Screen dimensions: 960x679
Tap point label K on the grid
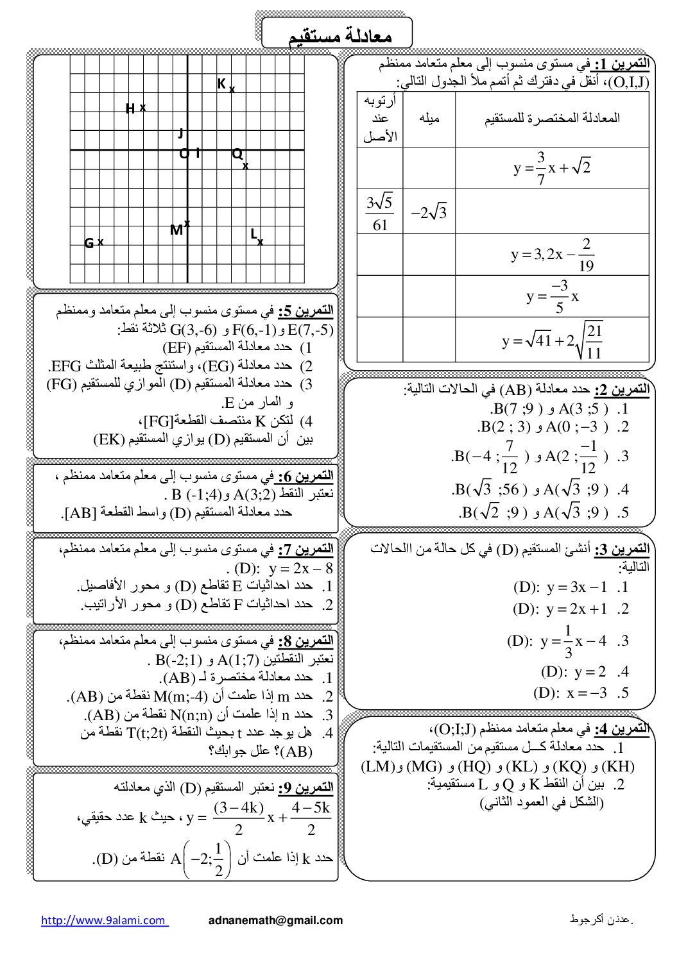tap(221, 84)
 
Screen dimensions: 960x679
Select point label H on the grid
tap(130, 109)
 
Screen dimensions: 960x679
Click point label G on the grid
tap(89, 244)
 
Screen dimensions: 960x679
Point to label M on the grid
tap(176, 230)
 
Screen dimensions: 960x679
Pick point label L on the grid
tap(254, 234)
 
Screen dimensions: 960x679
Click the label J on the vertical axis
tap(181, 133)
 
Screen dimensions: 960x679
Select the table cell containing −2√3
tap(429, 212)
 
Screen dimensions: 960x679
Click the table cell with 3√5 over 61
tap(380, 212)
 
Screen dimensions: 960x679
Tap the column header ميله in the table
tap(429, 119)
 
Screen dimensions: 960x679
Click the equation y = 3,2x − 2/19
tap(552, 255)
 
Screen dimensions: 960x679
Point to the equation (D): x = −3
tap(570, 693)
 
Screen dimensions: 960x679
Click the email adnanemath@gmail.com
tap(276, 920)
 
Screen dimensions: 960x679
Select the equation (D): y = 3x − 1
tap(560, 587)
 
